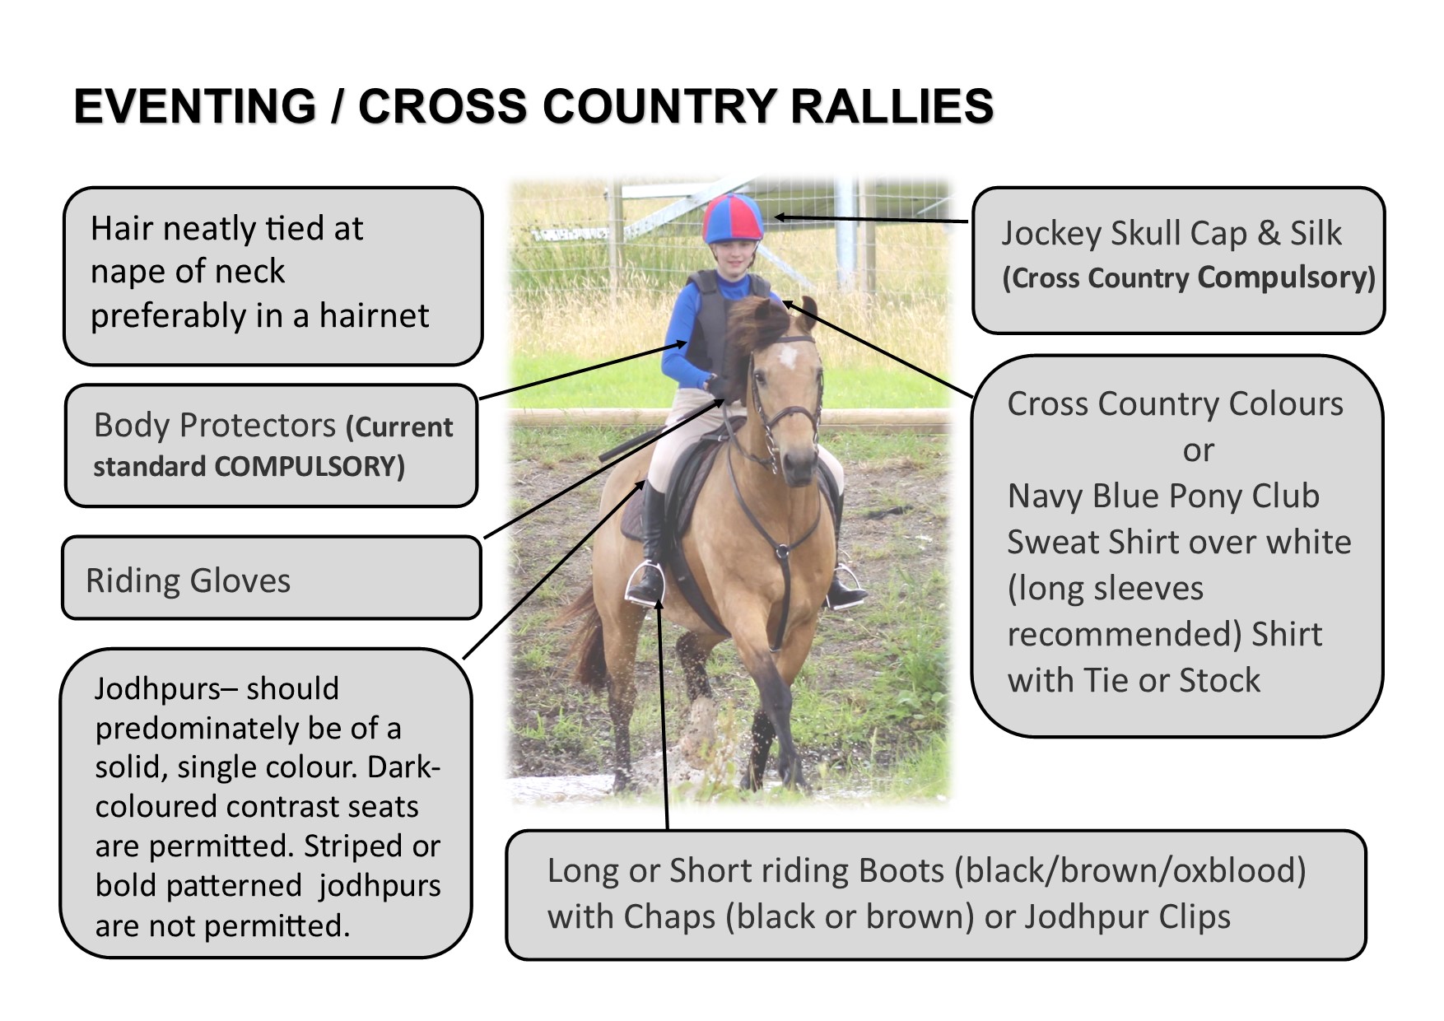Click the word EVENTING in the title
click(195, 106)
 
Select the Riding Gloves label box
click(272, 578)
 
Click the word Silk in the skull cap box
click(1316, 233)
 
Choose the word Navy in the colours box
click(1041, 497)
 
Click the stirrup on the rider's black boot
click(645, 582)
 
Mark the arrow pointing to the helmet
click(871, 220)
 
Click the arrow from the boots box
click(663, 713)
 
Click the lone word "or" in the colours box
click(1198, 451)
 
